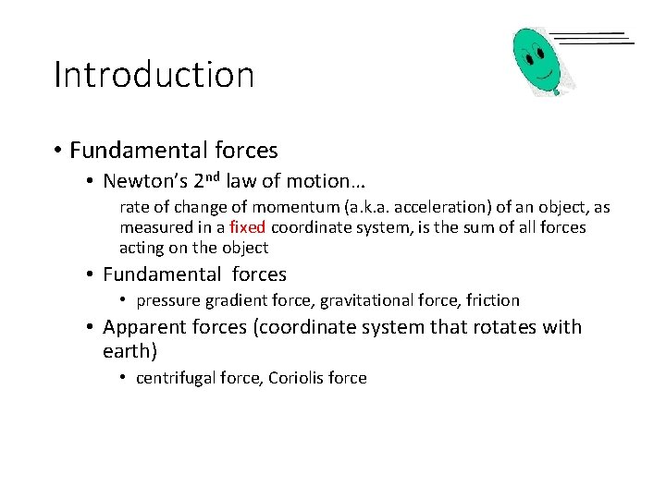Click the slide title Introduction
click(x=154, y=75)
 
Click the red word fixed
click(x=248, y=227)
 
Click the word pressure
click(x=168, y=300)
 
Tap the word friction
click(x=493, y=300)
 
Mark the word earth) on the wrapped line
click(x=130, y=351)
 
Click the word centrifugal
click(x=173, y=378)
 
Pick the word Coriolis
click(x=298, y=378)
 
